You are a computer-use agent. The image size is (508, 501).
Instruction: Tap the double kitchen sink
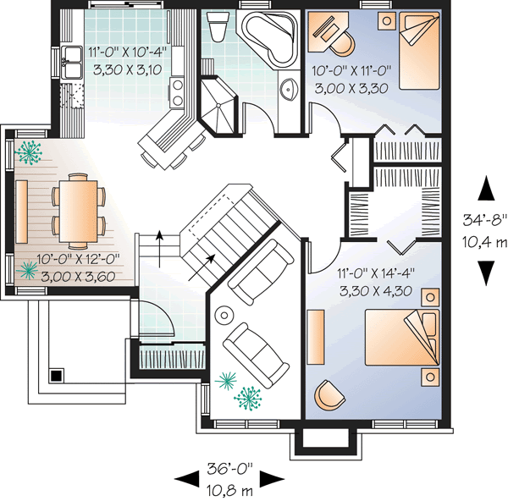(70, 61)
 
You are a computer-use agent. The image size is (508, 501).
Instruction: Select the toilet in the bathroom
(216, 31)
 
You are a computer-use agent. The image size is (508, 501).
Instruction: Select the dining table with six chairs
(78, 205)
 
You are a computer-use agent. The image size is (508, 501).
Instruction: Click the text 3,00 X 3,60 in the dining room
(75, 275)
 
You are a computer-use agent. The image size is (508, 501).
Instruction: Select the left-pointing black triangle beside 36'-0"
(184, 479)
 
